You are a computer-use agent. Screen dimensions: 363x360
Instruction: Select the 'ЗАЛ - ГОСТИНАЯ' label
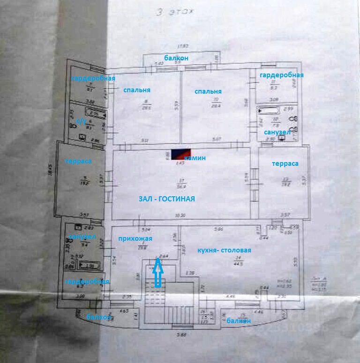click(x=166, y=199)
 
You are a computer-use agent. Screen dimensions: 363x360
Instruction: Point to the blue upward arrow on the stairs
click(x=158, y=274)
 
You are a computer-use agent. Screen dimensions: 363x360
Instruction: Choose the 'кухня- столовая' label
click(x=224, y=250)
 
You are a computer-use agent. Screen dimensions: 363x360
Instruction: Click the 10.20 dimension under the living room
click(x=180, y=216)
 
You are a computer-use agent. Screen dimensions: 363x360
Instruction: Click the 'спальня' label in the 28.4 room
click(x=208, y=91)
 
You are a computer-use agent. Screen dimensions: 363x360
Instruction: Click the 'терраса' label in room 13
click(x=285, y=163)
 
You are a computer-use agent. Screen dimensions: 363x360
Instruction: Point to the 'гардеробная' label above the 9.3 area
click(x=282, y=75)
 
